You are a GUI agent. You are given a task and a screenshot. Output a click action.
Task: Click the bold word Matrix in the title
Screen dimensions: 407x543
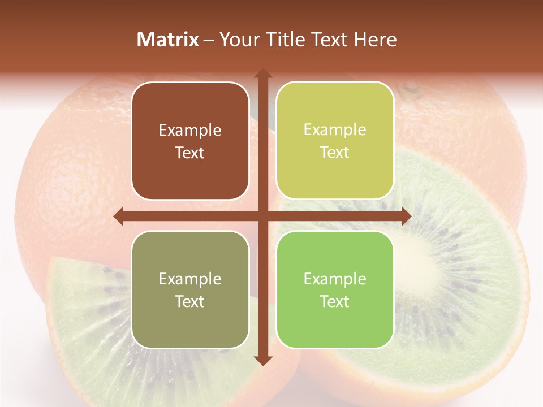coord(168,40)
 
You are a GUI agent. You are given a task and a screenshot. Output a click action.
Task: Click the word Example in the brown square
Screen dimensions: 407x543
coord(190,131)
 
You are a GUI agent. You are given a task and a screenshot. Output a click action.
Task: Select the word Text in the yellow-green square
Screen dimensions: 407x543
coord(335,153)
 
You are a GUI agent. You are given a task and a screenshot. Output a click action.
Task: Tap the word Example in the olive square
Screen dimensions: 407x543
coord(190,279)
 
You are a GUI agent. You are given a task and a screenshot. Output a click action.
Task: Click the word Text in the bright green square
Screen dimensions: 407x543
coord(335,302)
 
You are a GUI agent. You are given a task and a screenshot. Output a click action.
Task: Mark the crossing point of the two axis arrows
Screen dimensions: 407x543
coord(262,216)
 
